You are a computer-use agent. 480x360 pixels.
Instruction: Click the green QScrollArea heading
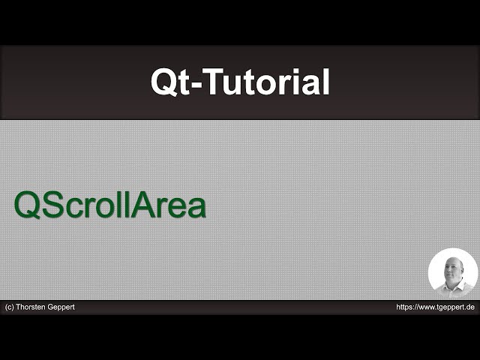tap(110, 205)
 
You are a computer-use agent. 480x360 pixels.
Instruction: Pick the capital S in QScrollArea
tap(51, 205)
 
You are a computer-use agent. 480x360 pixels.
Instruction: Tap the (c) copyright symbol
tap(10, 307)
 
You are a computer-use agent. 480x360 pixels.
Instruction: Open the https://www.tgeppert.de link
tap(435, 307)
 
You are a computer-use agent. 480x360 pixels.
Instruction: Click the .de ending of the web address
tap(470, 307)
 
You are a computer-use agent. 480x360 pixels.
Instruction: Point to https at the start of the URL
tap(404, 307)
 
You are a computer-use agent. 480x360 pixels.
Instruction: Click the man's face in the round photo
tap(451, 271)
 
